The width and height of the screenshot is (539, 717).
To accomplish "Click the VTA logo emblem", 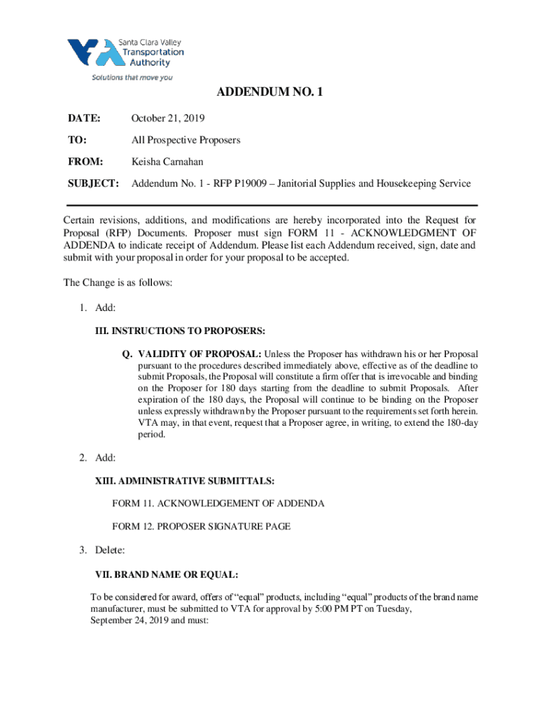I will tap(91, 53).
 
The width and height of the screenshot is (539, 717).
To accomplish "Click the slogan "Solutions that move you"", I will tap(132, 78).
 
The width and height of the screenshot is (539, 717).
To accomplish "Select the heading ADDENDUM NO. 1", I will tap(269, 92).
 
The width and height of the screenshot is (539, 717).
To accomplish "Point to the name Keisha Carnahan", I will tap(168, 162).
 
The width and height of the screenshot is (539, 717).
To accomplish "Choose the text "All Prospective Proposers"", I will tap(186, 140).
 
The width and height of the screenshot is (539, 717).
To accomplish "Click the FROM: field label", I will tap(85, 162).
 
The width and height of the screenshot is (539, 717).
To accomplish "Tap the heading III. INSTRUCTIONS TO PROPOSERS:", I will tap(180, 330).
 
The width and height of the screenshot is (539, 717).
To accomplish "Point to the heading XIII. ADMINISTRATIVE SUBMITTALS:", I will tap(184, 480).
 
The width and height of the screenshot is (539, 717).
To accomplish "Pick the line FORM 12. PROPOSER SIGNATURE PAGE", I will tap(201, 527).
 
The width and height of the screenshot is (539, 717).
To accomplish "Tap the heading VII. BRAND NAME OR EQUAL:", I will tap(167, 575).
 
